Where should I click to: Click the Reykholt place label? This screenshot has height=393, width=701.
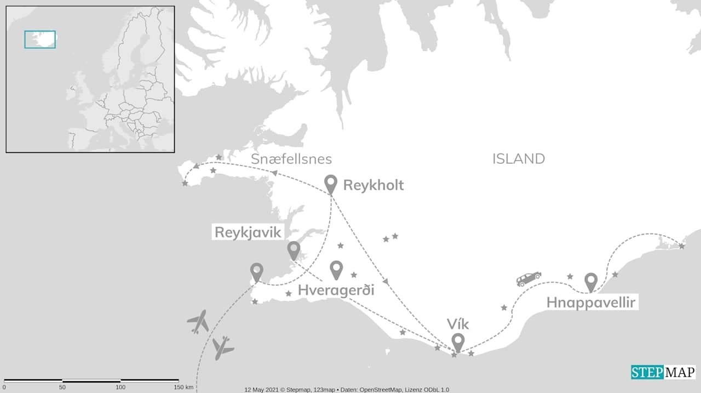pyautogui.click(x=373, y=185)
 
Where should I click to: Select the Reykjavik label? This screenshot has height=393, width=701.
pyautogui.click(x=248, y=232)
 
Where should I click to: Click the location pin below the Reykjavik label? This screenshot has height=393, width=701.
pyautogui.click(x=294, y=250)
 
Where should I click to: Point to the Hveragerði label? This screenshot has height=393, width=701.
pyautogui.click(x=336, y=290)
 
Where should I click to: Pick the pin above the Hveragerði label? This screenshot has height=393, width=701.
pyautogui.click(x=336, y=269)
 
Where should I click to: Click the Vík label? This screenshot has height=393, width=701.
pyautogui.click(x=458, y=323)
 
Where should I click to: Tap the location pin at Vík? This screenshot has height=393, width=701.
pyautogui.click(x=458, y=342)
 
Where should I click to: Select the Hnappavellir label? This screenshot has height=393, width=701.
pyautogui.click(x=591, y=303)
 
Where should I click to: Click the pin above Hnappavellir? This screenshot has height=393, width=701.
pyautogui.click(x=590, y=282)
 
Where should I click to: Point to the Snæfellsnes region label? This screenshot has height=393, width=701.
pyautogui.click(x=291, y=159)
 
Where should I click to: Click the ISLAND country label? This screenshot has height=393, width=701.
pyautogui.click(x=518, y=159)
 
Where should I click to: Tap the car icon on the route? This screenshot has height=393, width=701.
pyautogui.click(x=528, y=278)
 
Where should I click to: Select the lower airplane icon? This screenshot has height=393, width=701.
pyautogui.click(x=222, y=348)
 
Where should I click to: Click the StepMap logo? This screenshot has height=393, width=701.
pyautogui.click(x=663, y=372)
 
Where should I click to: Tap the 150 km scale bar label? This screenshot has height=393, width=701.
pyautogui.click(x=182, y=388)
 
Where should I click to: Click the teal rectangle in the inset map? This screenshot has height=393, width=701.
pyautogui.click(x=40, y=39)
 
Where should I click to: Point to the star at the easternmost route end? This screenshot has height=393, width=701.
pyautogui.click(x=681, y=246)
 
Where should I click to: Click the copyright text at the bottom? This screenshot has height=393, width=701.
pyautogui.click(x=347, y=389)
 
